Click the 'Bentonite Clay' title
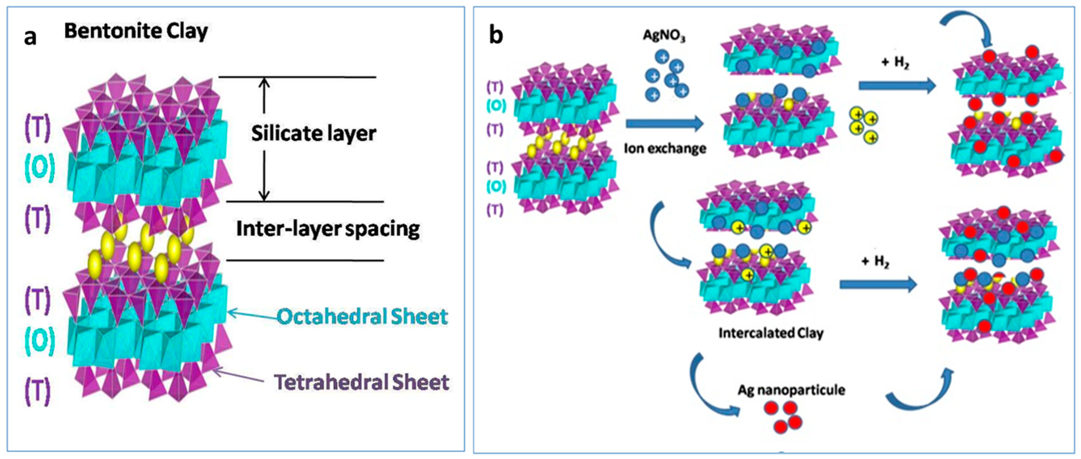(136, 31)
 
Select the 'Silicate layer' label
(313, 133)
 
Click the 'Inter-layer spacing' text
(328, 229)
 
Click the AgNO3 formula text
(664, 36)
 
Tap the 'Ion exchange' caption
(665, 148)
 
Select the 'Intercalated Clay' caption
(771, 333)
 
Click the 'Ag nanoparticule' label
(791, 390)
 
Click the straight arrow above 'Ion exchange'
(664, 123)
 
